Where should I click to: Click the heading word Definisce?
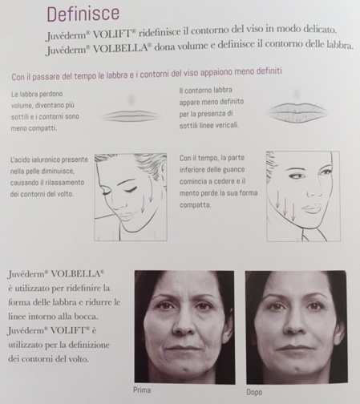pos(83,14)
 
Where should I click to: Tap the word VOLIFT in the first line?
pos(113,33)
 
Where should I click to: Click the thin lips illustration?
pos(132,115)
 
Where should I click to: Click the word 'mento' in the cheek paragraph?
pos(188,193)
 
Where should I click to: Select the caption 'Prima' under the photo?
pos(142,390)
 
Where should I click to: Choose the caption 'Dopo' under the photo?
pos(254,392)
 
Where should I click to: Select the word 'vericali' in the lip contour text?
pos(228,125)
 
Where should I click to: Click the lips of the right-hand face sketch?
pos(313,208)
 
